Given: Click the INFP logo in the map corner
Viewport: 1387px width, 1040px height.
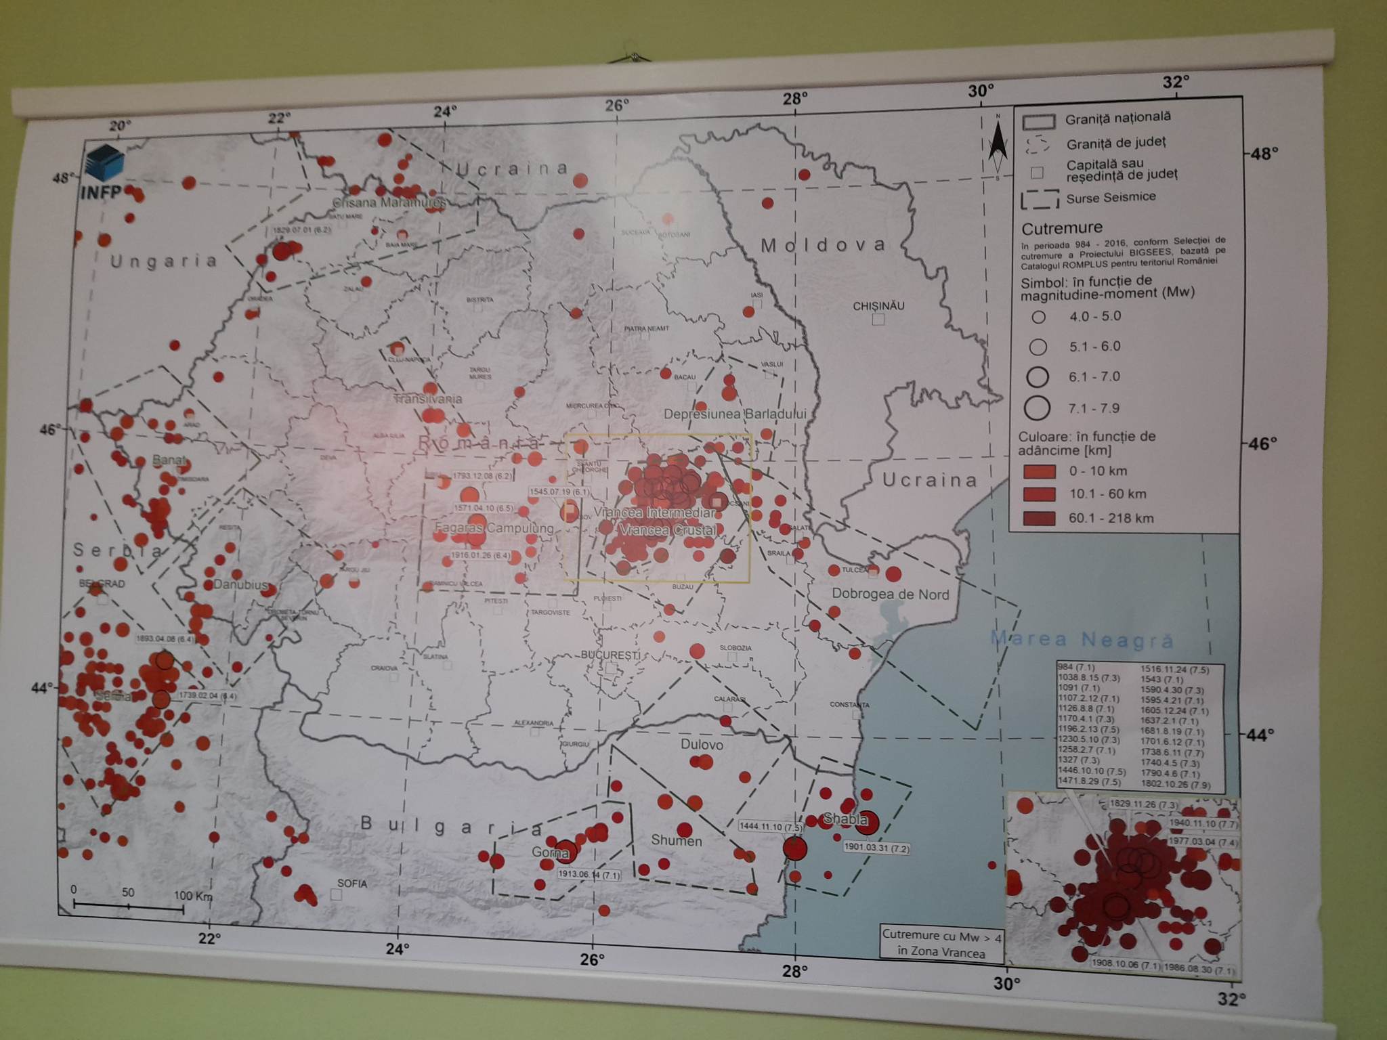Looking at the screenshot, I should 104,173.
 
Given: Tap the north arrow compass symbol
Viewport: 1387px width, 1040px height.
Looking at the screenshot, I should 997,148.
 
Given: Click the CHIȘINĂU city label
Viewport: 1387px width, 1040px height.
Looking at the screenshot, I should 878,306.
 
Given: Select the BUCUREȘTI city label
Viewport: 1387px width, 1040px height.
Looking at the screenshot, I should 610,655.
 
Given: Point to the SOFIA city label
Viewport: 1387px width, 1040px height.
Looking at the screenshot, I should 352,884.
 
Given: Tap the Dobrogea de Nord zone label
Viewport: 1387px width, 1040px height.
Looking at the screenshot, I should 890,594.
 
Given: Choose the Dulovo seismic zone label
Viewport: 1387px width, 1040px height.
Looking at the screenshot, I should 702,745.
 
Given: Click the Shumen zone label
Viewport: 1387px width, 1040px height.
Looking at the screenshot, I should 676,841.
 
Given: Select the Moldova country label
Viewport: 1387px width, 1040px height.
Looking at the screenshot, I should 823,245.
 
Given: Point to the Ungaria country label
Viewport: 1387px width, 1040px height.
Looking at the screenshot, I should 163,261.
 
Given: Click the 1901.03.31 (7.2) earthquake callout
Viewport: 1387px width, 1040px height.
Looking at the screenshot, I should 876,847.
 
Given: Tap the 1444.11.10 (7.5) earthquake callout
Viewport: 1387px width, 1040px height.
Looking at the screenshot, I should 770,827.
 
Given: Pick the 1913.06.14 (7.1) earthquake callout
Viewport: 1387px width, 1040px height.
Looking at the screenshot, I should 589,874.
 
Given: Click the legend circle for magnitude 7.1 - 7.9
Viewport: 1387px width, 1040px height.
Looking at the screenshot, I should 1037,408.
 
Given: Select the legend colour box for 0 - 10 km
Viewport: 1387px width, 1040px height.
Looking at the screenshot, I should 1039,471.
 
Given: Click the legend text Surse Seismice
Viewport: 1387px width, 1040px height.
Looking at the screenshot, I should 1111,198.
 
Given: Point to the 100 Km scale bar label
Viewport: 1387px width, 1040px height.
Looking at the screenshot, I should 193,896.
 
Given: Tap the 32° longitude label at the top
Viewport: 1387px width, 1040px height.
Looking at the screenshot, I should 1176,82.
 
